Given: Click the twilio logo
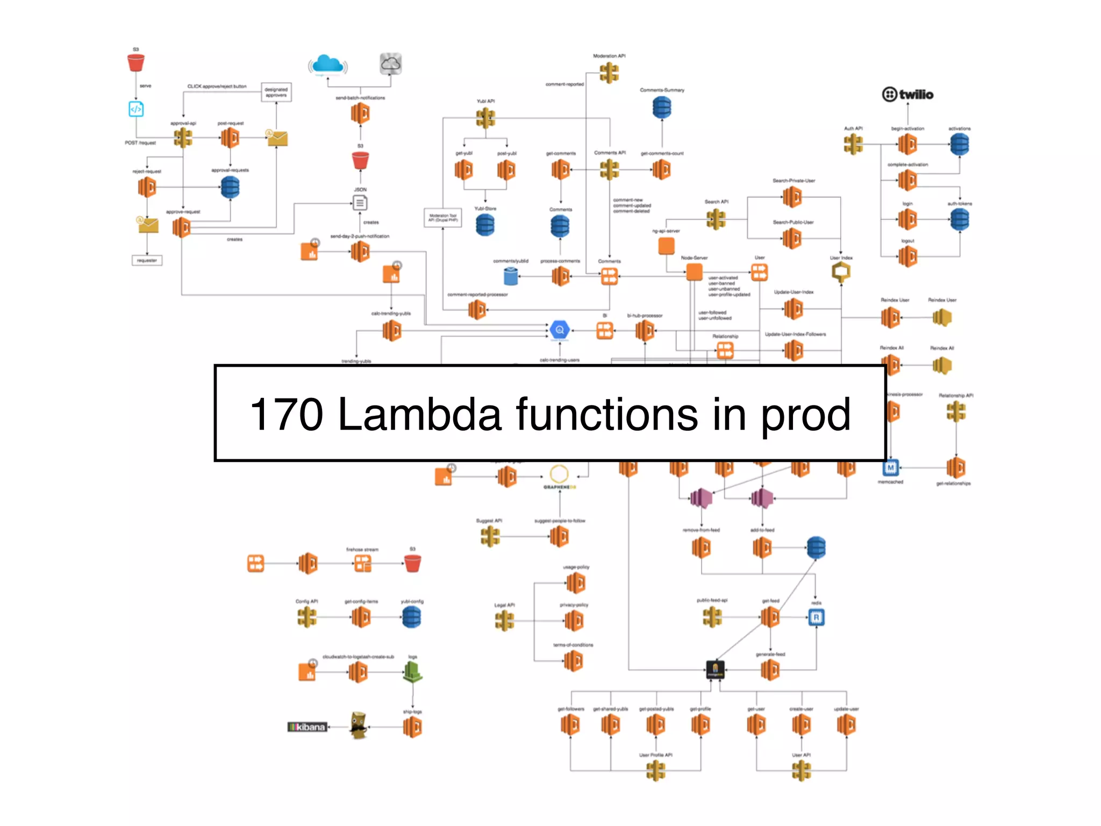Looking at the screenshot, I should [x=907, y=95].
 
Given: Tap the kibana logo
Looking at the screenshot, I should [x=308, y=727].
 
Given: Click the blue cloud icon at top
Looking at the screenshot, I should [x=327, y=65].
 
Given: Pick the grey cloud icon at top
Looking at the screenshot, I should [x=390, y=64].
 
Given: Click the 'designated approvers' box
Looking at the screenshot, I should [x=276, y=92].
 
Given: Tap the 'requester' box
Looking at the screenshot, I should [x=147, y=261].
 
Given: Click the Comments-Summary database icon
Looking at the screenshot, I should [x=662, y=108].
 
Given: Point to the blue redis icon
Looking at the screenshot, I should [x=816, y=617].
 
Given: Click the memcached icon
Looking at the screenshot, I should [x=890, y=467].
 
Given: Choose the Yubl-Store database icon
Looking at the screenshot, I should [x=485, y=225].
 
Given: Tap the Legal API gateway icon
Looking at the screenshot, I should [x=504, y=621].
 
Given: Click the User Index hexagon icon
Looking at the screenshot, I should [x=841, y=273].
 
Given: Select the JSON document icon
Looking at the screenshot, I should [x=360, y=203].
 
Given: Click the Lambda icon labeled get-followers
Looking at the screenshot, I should [x=570, y=725].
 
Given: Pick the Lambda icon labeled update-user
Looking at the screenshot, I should [x=846, y=725].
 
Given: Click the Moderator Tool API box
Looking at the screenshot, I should [x=442, y=218].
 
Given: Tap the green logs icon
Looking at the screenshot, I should [x=412, y=672].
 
